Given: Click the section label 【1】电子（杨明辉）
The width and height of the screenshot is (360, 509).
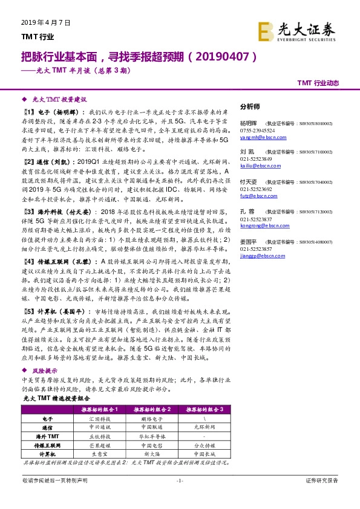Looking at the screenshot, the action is tap(54, 112).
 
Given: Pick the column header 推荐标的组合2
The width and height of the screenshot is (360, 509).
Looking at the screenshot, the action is tap(151, 409).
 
